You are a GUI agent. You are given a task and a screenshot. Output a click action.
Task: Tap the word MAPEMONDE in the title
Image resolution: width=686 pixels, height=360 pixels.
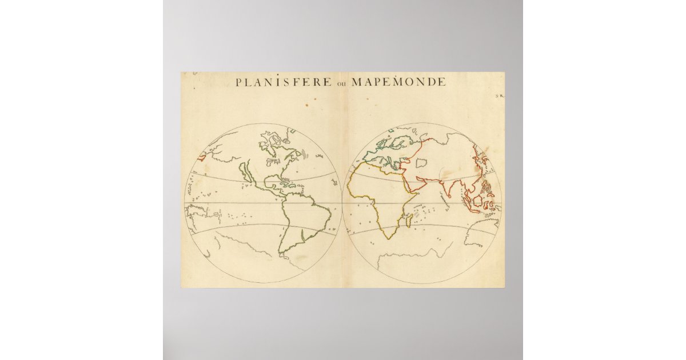click(398, 82)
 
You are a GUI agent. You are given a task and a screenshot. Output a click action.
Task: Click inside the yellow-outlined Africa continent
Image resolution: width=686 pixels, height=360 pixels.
click(377, 194)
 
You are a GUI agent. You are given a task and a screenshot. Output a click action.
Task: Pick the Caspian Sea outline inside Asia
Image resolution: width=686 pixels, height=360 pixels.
click(421, 163)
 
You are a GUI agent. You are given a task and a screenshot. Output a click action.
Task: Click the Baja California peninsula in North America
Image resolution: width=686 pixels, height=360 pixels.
click(246, 171)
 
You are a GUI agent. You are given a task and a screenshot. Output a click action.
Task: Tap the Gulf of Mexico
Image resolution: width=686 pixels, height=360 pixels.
click(269, 182)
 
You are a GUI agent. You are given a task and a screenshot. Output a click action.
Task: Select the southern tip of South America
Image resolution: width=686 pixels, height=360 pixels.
click(281, 252)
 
